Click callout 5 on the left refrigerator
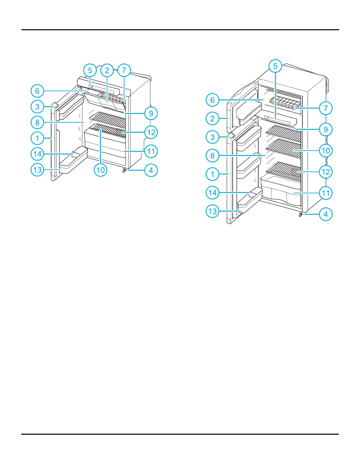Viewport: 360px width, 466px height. (x=90, y=71)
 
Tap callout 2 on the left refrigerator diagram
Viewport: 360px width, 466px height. (x=107, y=70)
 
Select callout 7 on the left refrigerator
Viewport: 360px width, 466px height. (x=124, y=70)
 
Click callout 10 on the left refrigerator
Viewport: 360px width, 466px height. (x=100, y=170)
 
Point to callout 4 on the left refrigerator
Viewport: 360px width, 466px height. (x=151, y=170)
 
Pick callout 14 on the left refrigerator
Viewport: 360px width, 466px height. (x=37, y=154)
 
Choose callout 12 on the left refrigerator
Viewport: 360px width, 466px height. (x=151, y=132)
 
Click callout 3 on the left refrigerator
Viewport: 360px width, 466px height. (x=37, y=106)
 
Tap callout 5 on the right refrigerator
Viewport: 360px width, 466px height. (x=275, y=66)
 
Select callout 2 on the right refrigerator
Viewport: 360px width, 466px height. (x=212, y=119)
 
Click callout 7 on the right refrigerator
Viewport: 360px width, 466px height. (x=326, y=108)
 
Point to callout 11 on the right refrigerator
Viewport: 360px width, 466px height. (x=326, y=193)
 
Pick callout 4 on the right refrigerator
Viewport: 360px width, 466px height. (x=326, y=214)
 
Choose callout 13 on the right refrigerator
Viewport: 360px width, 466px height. (x=212, y=211)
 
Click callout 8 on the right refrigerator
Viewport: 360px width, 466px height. (x=212, y=156)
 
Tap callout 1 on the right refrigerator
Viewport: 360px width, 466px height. (x=212, y=174)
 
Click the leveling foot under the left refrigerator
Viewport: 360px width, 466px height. (x=124, y=170)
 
